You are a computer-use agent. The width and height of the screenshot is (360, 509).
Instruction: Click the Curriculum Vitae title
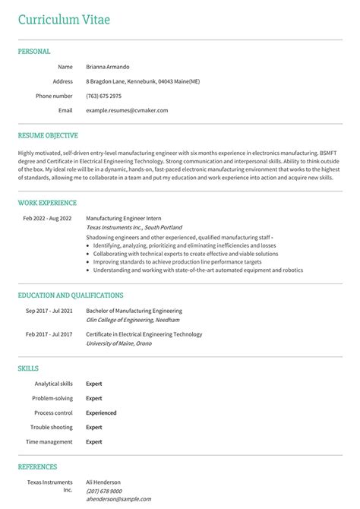point(64,18)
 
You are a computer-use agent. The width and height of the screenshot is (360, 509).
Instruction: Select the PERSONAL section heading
point(34,52)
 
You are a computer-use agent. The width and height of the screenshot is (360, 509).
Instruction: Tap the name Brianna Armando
point(107,67)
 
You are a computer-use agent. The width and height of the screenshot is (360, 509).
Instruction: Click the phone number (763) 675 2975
point(103,96)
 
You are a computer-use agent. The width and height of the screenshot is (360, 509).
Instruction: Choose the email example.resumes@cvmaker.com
point(127,110)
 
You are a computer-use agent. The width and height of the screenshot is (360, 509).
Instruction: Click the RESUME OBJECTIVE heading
point(48,135)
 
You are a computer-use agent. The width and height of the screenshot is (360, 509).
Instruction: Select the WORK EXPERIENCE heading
point(47,203)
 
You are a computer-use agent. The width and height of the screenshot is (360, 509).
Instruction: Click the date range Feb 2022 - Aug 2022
point(47,218)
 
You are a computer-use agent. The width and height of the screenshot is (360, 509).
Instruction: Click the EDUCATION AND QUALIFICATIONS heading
point(71,295)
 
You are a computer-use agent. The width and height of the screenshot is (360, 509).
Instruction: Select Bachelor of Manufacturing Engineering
point(134,311)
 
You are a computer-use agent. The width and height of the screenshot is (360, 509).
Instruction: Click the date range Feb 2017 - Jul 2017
point(49,334)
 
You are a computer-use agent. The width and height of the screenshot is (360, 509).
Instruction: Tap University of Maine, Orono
point(118,343)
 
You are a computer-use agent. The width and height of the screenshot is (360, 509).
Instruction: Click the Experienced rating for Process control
point(101,413)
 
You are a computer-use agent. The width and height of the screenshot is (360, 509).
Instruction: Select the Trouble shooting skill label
point(52,427)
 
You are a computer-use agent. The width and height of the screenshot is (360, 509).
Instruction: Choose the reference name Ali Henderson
point(103,482)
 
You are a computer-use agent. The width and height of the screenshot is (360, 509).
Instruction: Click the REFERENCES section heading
point(37,466)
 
